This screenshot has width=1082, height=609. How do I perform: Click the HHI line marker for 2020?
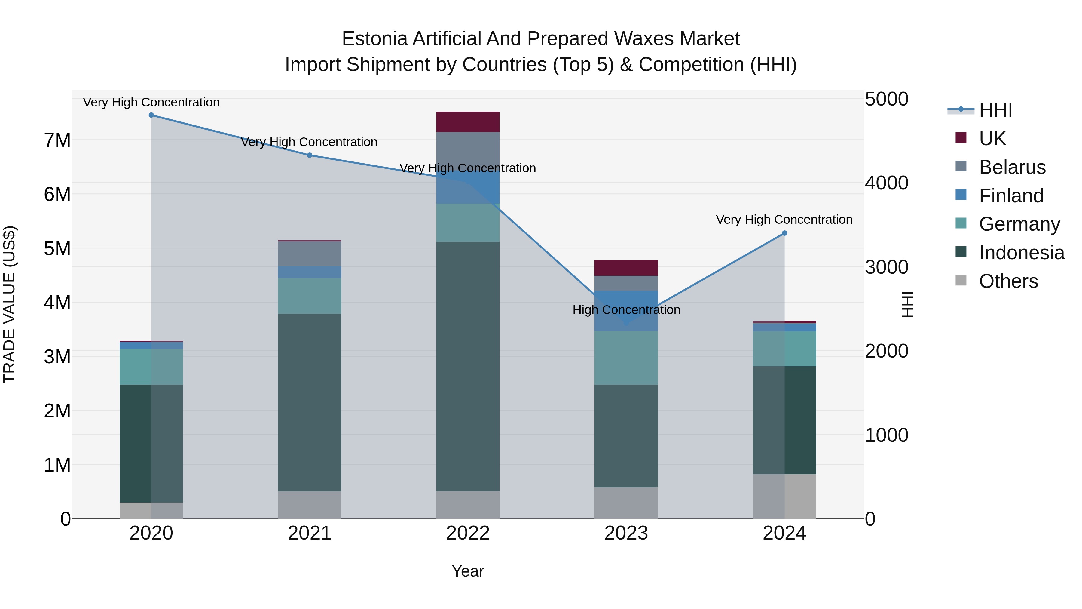[151, 115]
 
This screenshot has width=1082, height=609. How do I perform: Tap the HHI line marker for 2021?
[310, 155]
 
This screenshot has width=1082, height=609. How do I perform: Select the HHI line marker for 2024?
[784, 233]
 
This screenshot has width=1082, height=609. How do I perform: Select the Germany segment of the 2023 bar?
[626, 357]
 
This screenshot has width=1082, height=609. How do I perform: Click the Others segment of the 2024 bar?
[784, 496]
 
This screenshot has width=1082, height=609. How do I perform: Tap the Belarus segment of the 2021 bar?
[310, 254]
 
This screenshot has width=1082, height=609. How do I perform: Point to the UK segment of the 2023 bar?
[626, 268]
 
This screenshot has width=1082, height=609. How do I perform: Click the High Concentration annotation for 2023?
[626, 310]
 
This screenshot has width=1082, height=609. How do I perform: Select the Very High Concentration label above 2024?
[784, 220]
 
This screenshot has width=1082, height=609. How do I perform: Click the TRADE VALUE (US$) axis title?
[9, 304]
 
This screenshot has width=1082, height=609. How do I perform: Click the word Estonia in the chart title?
[375, 39]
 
